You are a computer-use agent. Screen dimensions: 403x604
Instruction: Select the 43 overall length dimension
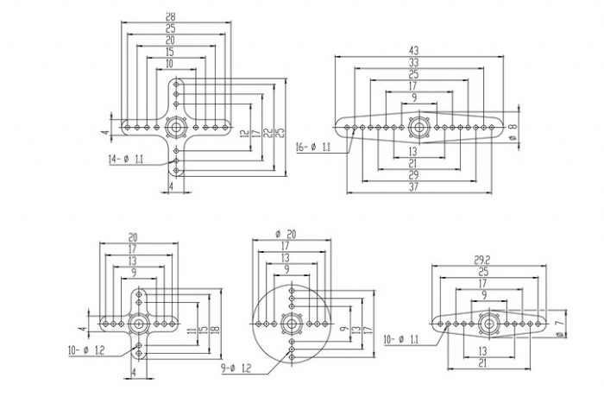click(415, 51)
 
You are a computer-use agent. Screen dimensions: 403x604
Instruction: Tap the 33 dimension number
click(415, 62)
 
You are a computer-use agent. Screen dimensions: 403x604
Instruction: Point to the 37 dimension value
click(415, 186)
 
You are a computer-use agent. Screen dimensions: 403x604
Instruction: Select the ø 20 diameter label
click(285, 235)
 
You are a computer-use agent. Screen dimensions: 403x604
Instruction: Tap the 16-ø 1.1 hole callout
click(313, 148)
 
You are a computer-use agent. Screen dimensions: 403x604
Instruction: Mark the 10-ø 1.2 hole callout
click(86, 349)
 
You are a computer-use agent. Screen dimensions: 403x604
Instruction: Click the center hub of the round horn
click(293, 325)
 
